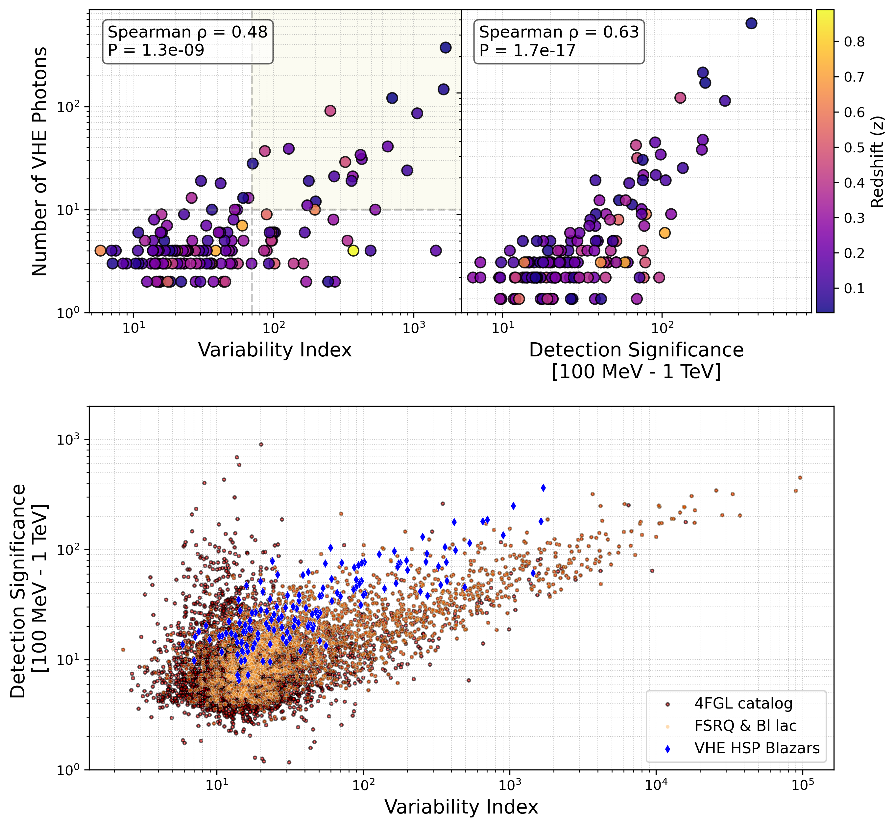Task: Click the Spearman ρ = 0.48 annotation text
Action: [x=187, y=32]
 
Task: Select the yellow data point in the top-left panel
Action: [x=353, y=251]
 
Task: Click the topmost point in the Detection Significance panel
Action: [x=752, y=24]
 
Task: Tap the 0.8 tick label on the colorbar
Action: [x=854, y=41]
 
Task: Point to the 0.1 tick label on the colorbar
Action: [x=854, y=288]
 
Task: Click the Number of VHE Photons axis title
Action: [x=39, y=161]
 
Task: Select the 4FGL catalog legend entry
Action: [x=743, y=704]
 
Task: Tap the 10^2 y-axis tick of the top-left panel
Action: [x=67, y=107]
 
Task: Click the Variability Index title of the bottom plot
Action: [x=461, y=807]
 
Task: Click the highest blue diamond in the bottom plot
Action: [x=543, y=488]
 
